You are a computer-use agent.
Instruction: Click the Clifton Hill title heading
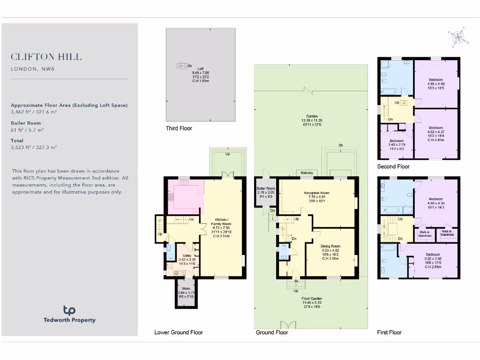pyautogui.click(x=46, y=57)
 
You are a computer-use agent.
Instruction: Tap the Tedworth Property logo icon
pyautogui.click(x=69, y=310)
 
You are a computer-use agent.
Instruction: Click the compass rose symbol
pyautogui.click(x=458, y=38)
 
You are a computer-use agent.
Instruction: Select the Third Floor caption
pyautogui.click(x=179, y=128)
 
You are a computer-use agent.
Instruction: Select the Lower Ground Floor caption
pyautogui.click(x=179, y=332)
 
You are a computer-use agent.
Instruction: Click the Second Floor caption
pyautogui.click(x=393, y=166)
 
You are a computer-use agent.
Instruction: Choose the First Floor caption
pyautogui.click(x=390, y=332)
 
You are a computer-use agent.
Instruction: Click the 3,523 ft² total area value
pyautogui.click(x=34, y=147)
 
